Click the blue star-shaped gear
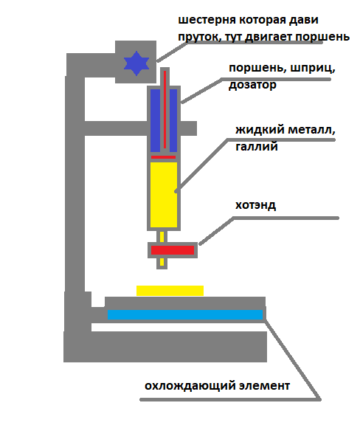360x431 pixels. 136,63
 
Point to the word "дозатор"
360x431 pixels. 252,85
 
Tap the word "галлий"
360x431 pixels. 257,146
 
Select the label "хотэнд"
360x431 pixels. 255,205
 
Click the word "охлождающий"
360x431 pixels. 190,386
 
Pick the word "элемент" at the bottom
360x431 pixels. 264,386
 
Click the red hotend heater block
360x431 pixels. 173,250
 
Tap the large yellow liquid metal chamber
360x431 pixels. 164,195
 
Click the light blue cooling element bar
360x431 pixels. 185,314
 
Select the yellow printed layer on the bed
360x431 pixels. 170,291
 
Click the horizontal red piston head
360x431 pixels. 163,157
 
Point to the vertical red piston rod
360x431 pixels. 165,110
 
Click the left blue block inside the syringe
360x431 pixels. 155,120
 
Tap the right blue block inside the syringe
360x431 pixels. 173,120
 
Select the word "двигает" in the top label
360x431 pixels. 268,37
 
